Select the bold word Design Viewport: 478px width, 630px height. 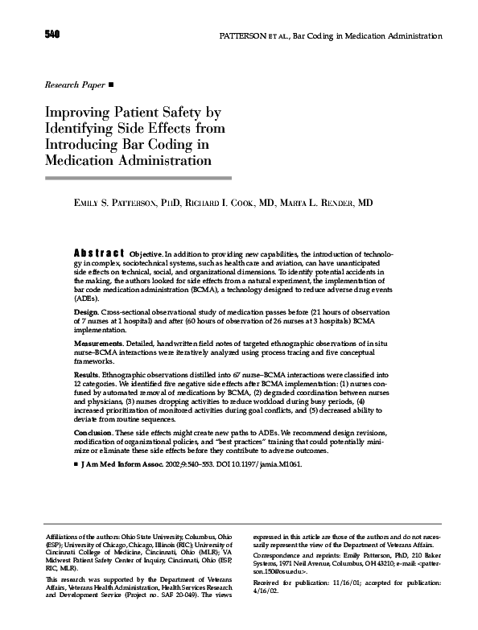tap(86, 311)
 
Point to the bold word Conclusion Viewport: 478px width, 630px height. tap(94, 433)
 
